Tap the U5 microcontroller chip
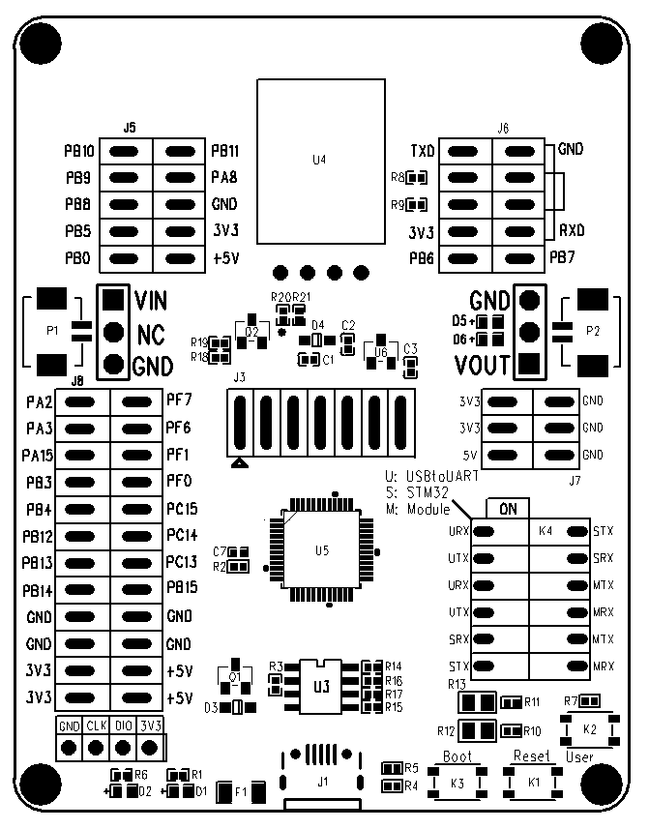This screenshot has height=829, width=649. [322, 550]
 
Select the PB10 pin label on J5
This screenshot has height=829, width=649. [78, 152]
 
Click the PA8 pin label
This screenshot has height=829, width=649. [224, 178]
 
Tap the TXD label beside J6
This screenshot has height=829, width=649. [422, 152]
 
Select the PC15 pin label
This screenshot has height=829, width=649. [182, 508]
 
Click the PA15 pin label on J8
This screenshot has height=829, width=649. [37, 454]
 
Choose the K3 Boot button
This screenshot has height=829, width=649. [457, 782]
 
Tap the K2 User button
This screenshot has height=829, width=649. [590, 727]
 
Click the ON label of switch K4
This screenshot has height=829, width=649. [506, 508]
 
